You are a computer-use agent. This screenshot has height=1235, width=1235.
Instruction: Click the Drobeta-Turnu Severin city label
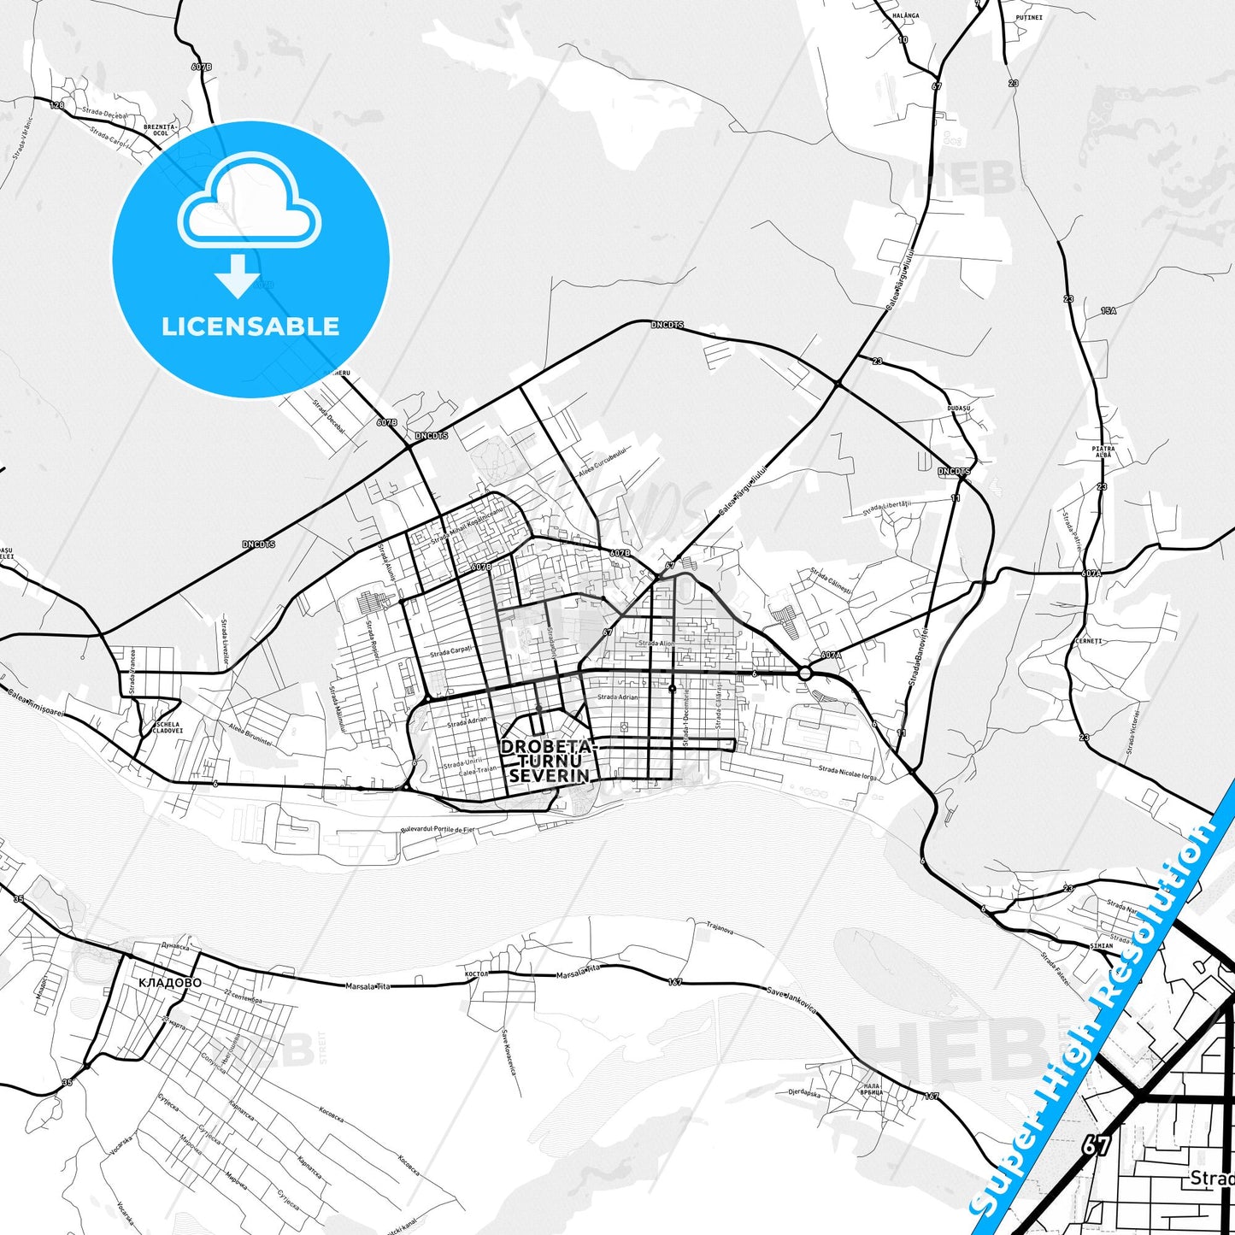545,761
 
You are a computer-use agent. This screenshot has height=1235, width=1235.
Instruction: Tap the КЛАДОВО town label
170,983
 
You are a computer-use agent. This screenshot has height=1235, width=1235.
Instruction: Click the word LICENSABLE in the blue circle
250,326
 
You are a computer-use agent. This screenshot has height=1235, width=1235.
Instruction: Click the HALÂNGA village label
905,15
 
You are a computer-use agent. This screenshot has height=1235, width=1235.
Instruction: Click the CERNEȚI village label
1088,641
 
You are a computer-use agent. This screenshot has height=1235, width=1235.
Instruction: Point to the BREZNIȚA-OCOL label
161,130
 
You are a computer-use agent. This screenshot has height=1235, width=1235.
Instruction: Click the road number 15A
1109,311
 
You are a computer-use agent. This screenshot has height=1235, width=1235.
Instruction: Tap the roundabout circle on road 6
804,673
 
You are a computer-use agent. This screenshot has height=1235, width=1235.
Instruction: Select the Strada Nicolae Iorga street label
847,773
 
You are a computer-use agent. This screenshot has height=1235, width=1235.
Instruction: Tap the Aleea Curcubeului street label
603,463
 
